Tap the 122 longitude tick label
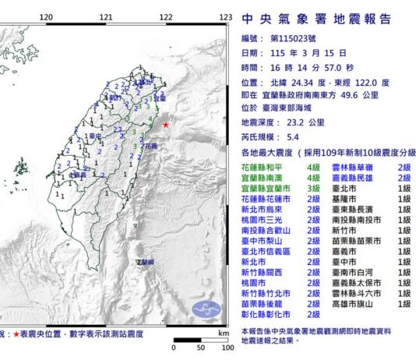tap(165, 16)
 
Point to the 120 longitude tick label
tap(45, 16)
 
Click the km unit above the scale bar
tap(224, 332)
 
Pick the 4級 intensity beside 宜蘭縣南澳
tap(314, 178)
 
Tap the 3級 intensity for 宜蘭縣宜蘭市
tap(314, 189)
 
